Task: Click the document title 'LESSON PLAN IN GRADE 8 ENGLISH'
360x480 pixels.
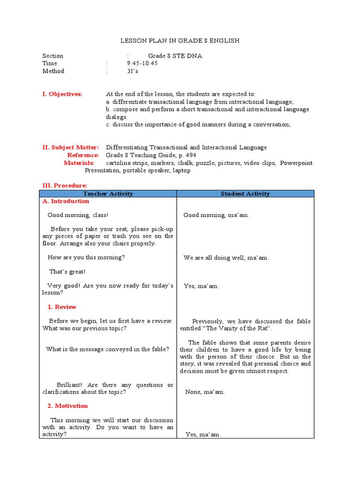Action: [x=180, y=41]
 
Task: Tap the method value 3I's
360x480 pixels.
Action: [x=133, y=71]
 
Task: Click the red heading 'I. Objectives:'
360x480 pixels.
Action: [x=62, y=94]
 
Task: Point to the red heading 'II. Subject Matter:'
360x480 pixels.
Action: [x=71, y=147]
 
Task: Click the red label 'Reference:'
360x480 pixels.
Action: [x=83, y=155]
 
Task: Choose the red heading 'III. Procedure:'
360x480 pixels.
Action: [x=65, y=186]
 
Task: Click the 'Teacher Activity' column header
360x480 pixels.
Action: [x=108, y=194]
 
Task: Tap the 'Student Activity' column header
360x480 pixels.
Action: [x=245, y=194]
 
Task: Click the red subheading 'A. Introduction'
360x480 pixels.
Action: [x=66, y=201]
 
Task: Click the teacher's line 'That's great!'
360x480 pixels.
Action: [x=67, y=272]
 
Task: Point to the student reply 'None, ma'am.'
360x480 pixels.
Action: [x=205, y=392]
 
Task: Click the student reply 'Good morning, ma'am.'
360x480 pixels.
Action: [x=216, y=215]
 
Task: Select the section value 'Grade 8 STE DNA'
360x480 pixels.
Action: [x=175, y=56]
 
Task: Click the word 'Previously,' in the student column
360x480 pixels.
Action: [x=208, y=322]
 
